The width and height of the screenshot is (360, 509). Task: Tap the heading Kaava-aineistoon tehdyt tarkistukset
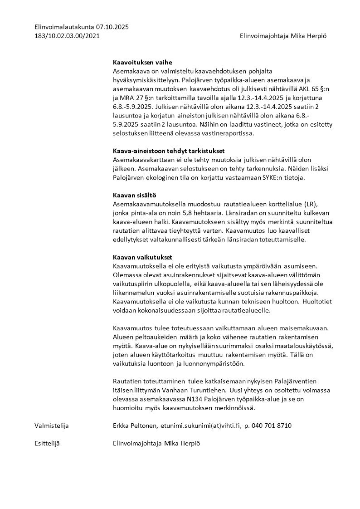169,151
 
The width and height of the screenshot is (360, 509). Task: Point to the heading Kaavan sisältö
134,195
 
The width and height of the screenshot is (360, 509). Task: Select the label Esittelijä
47,443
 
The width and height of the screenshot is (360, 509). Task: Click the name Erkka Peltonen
134,426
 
